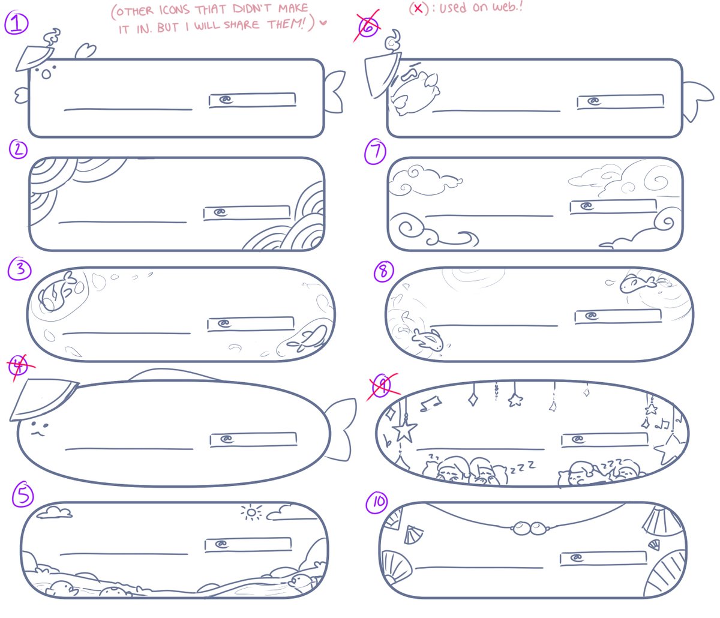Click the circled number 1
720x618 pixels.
pos(16,23)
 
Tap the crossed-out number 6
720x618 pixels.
pos(368,26)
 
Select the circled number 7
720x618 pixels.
pos(375,152)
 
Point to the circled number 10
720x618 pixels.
pos(377,502)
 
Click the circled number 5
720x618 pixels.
pos(23,495)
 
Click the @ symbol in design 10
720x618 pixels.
pos(577,558)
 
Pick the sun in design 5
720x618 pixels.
pos(251,512)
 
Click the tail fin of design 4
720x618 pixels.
pos(340,429)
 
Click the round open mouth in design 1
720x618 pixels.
pos(46,74)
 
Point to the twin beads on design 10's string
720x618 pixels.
pos(529,528)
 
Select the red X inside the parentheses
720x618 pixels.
pos(418,8)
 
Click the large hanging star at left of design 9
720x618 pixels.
pos(404,431)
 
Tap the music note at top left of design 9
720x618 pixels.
pos(431,404)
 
